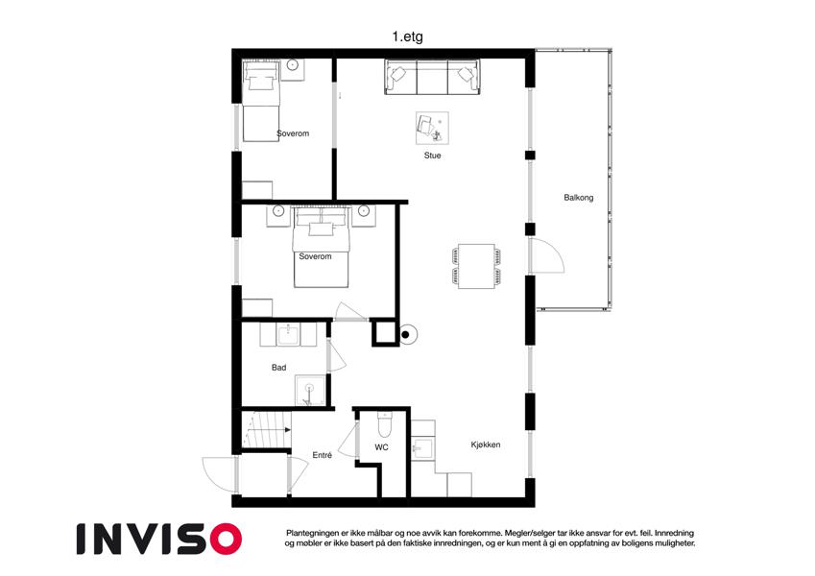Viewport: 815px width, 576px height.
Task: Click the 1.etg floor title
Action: pos(407,36)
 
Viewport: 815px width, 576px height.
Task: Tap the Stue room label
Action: pos(432,156)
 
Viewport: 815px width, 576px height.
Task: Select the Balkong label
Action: pos(579,198)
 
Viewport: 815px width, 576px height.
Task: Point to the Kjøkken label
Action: pos(486,444)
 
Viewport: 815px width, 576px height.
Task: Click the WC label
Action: pos(381,447)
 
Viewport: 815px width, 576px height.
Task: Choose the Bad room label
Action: pos(278,368)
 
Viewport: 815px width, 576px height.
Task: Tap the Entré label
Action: pos(323,455)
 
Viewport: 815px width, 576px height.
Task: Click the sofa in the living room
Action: pos(432,77)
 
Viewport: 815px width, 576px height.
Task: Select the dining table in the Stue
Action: pos(476,266)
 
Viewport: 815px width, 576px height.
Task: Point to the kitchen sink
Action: pos(423,447)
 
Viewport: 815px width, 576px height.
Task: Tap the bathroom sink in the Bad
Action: pos(288,334)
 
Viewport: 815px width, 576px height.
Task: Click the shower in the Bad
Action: pos(310,391)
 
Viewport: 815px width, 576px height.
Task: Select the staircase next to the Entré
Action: pos(267,429)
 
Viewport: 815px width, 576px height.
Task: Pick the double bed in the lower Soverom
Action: pos(321,248)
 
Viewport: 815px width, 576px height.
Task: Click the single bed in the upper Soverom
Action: pos(261,102)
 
